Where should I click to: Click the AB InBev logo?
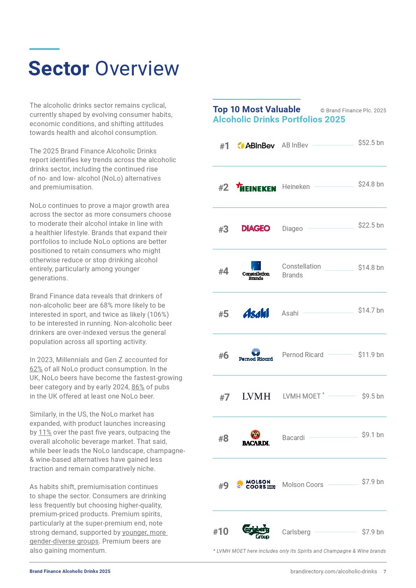pos(256,145)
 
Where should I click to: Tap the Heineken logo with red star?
pos(256,187)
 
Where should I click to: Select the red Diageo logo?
pos(256,228)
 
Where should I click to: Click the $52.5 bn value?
pos(371,143)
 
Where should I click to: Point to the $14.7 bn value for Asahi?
pos(371,311)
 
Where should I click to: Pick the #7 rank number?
pos(224,397)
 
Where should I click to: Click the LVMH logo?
pos(256,396)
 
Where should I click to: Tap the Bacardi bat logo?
pos(256,438)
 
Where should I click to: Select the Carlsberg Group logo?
pos(256,531)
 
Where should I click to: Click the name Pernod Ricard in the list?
pos(302,355)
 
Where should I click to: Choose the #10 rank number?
pos(221,532)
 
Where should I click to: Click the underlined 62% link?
pos(36,369)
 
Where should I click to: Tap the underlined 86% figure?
pos(138,387)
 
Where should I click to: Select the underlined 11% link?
pos(45,433)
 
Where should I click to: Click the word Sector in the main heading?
pos(59,69)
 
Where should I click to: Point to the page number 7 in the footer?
pos(385,572)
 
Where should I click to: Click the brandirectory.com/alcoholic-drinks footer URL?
pos(333,572)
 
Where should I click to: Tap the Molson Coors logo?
pos(256,484)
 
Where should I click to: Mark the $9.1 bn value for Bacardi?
pos(372,435)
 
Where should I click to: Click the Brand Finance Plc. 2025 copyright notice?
pos(353,111)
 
